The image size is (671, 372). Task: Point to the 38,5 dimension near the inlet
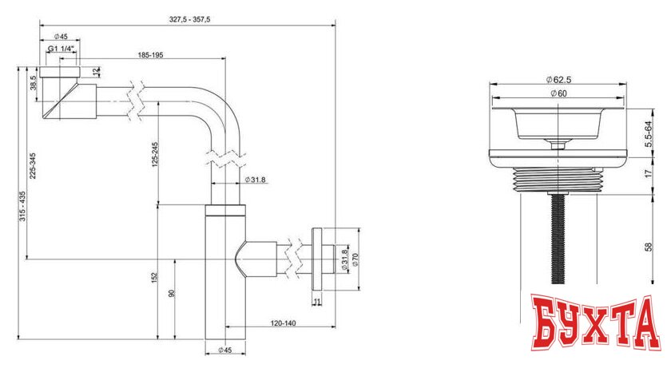(34, 83)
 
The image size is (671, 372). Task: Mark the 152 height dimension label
(153, 276)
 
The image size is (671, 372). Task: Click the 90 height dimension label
(171, 295)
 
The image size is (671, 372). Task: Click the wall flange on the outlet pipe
(317, 260)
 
